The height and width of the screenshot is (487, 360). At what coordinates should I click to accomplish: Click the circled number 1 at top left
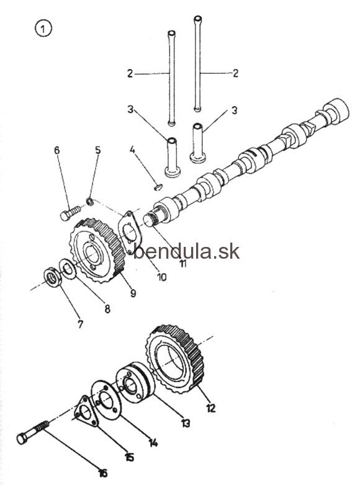pos(43,29)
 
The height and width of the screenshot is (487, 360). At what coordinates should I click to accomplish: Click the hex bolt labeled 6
pos(71,213)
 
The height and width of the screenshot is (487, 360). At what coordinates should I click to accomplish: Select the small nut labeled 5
pos(90,201)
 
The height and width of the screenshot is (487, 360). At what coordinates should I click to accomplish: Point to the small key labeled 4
pos(158,187)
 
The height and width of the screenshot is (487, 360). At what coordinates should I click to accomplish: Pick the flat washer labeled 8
pos(68,268)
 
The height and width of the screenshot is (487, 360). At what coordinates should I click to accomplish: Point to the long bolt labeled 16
pos(33,432)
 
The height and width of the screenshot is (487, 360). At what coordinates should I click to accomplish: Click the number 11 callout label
pos(183,264)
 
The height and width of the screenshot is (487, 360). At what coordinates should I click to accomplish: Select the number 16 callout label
pos(102,473)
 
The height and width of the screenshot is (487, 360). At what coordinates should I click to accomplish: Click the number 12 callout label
pos(210,408)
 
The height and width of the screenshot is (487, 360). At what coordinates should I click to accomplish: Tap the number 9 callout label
pos(133,293)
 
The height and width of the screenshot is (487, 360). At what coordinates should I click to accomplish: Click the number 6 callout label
pos(56,150)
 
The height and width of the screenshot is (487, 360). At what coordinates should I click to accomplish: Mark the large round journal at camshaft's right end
pos(336,111)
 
